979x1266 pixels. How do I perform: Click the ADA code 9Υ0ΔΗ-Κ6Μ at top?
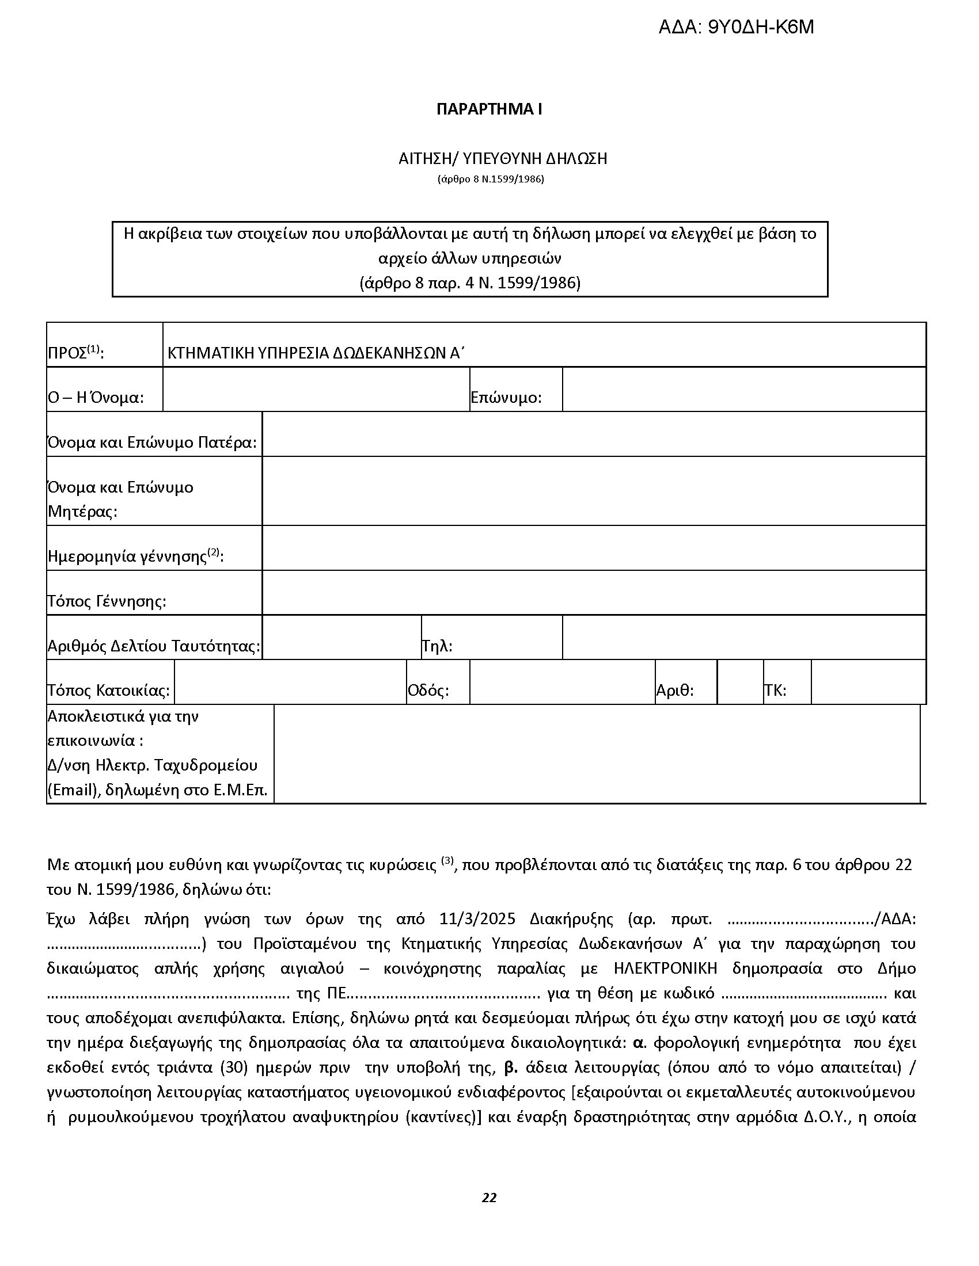[x=735, y=27]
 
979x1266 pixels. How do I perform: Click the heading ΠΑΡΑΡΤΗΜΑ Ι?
[x=489, y=109]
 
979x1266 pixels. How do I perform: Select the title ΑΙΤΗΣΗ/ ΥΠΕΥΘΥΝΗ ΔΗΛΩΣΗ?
[x=502, y=158]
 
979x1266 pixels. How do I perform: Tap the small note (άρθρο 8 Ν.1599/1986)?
[x=491, y=179]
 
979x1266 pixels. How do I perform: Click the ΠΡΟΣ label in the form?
[x=75, y=353]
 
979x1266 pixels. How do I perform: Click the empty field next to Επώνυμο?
[x=743, y=390]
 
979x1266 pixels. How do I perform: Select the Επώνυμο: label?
[x=506, y=398]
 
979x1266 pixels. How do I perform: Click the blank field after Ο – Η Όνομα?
[x=316, y=390]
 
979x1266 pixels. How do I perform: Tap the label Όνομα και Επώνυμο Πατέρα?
[x=152, y=443]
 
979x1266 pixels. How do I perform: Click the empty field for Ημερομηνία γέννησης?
[x=593, y=548]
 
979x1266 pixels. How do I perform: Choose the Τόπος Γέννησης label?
[x=107, y=601]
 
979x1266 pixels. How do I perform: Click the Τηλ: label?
[x=437, y=646]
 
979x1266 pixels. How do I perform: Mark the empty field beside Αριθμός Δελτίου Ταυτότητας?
[x=341, y=638]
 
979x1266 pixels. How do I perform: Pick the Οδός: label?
[x=428, y=691]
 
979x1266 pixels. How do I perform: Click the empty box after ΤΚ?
[x=868, y=682]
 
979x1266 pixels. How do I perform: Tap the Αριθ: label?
[x=674, y=691]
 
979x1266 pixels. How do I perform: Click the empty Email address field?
[x=596, y=754]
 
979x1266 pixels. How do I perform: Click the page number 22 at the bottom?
[x=489, y=1198]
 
